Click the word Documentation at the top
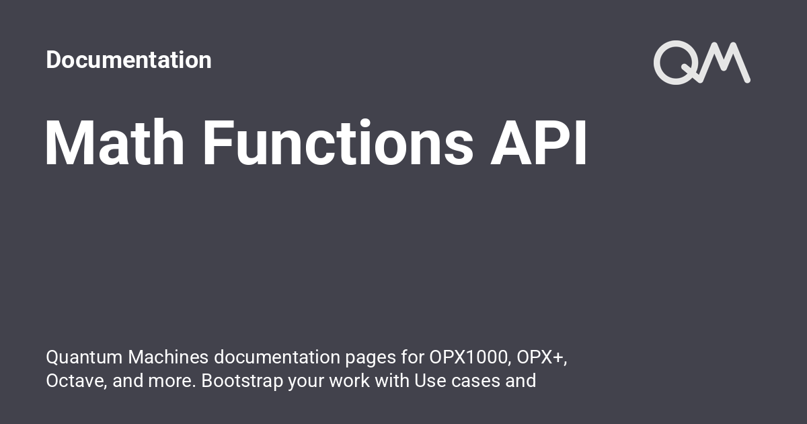tap(128, 60)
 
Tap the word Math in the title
tap(114, 143)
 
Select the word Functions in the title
tap(338, 143)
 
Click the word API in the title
tap(539, 143)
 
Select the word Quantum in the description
tap(84, 357)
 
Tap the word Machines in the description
tap(168, 357)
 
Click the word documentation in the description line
tap(277, 357)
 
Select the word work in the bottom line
tap(350, 381)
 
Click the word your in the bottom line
tap(306, 383)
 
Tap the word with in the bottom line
tap(392, 381)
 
